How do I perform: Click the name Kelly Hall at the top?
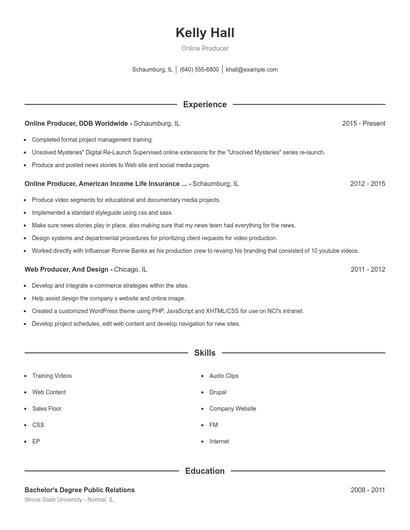204,32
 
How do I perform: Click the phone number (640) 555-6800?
199,70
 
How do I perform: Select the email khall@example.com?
252,70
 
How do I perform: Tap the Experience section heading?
204,104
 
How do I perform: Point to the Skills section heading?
204,353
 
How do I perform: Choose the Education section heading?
204,470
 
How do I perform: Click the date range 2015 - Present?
363,123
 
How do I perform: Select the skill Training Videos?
52,375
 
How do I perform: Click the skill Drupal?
218,391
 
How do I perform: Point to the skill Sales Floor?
48,408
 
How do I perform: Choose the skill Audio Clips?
224,375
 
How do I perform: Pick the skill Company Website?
232,408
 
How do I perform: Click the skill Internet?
219,440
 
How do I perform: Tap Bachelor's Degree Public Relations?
80,490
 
